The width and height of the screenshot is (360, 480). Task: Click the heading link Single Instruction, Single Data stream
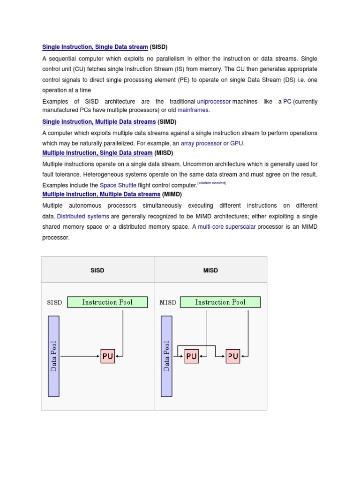tap(95, 47)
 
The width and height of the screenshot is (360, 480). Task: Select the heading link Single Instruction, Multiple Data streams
tap(99, 122)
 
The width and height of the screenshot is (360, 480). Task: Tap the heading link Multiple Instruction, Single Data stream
tap(97, 153)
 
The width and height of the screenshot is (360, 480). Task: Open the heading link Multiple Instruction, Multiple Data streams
tap(101, 194)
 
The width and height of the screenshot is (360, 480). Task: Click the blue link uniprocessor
tap(214, 102)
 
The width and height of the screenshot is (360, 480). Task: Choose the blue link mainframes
tap(194, 110)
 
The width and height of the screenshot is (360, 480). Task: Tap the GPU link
tap(237, 143)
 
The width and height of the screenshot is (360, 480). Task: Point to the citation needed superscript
tap(212, 183)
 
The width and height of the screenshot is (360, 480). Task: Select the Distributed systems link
tap(83, 216)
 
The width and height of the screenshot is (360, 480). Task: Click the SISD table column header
tap(97, 270)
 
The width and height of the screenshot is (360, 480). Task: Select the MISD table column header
tap(210, 270)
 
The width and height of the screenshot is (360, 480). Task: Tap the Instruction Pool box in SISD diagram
tap(107, 302)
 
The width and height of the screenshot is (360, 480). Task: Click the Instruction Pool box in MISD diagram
tap(220, 302)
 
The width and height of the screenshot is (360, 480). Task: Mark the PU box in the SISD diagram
tap(107, 357)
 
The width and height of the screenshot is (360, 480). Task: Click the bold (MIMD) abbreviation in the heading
tap(172, 194)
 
